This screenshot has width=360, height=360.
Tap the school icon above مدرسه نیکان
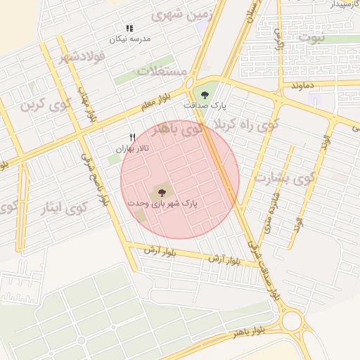[129, 28]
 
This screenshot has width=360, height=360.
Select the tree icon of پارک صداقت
[205, 94]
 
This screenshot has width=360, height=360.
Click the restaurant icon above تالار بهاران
[131, 137]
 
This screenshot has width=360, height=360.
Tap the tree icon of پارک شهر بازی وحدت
[162, 191]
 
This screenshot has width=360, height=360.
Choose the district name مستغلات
[162, 71]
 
